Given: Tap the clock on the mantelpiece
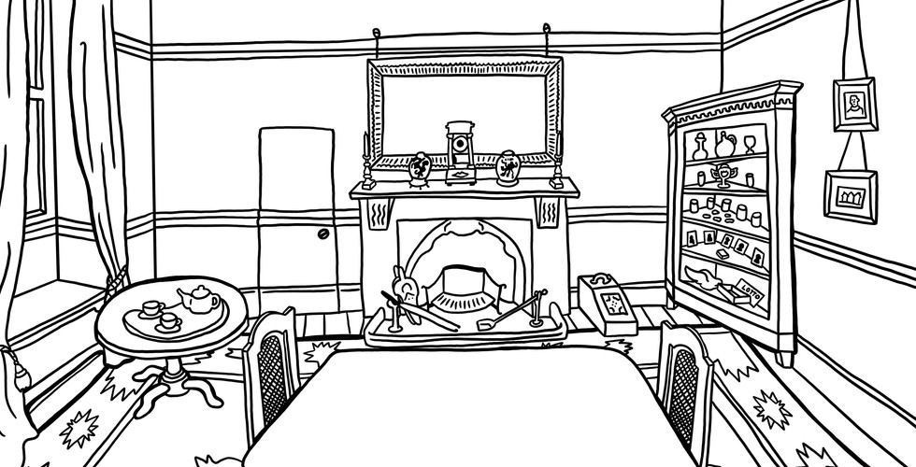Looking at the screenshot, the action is tap(459, 151).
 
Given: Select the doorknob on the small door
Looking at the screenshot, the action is tap(322, 234).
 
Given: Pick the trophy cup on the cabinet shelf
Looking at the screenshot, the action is tap(721, 177).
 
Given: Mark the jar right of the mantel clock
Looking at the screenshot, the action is tap(508, 167).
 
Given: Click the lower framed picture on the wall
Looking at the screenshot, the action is tap(849, 193).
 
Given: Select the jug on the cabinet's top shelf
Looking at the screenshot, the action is tap(722, 145).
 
